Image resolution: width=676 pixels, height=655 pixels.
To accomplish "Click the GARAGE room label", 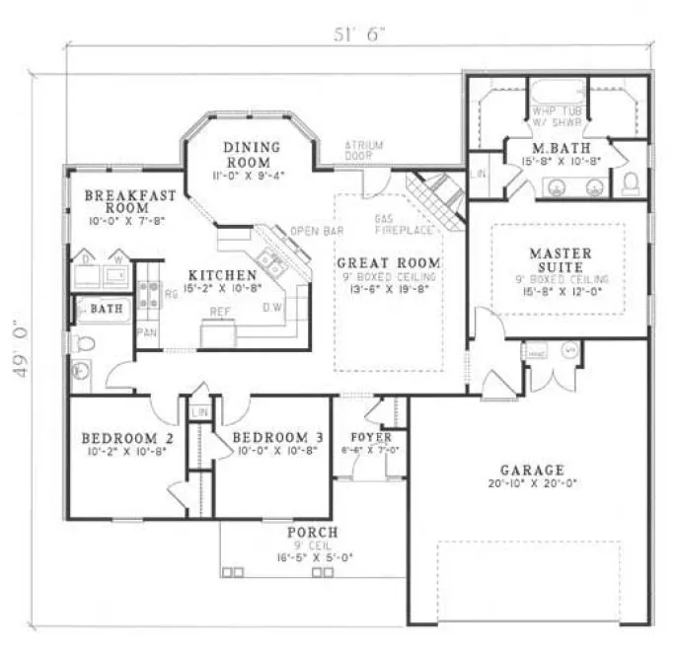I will click(531, 470).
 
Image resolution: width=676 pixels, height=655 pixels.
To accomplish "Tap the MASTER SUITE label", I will click(561, 260).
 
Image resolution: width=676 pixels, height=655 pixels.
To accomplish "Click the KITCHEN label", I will click(225, 274).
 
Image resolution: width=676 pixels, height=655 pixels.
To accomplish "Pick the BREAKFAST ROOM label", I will click(123, 202).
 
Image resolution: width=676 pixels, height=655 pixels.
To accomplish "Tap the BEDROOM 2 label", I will click(127, 438).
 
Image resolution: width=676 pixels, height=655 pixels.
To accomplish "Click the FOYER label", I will click(371, 437).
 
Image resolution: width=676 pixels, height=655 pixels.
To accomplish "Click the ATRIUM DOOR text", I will click(363, 150).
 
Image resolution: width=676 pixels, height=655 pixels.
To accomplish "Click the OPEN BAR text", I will click(310, 232).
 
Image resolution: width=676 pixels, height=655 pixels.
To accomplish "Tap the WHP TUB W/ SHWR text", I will click(559, 116).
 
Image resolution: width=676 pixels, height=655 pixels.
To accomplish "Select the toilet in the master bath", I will click(630, 182).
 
